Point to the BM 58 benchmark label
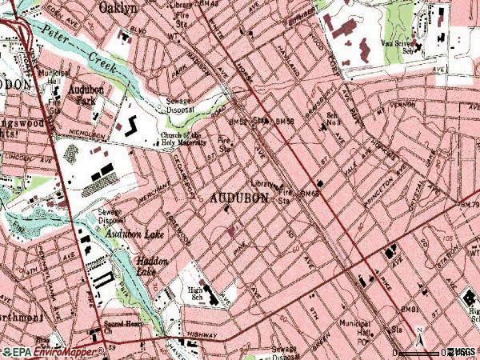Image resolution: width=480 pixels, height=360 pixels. coord(285,122)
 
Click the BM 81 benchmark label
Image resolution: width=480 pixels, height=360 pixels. coord(410,309)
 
